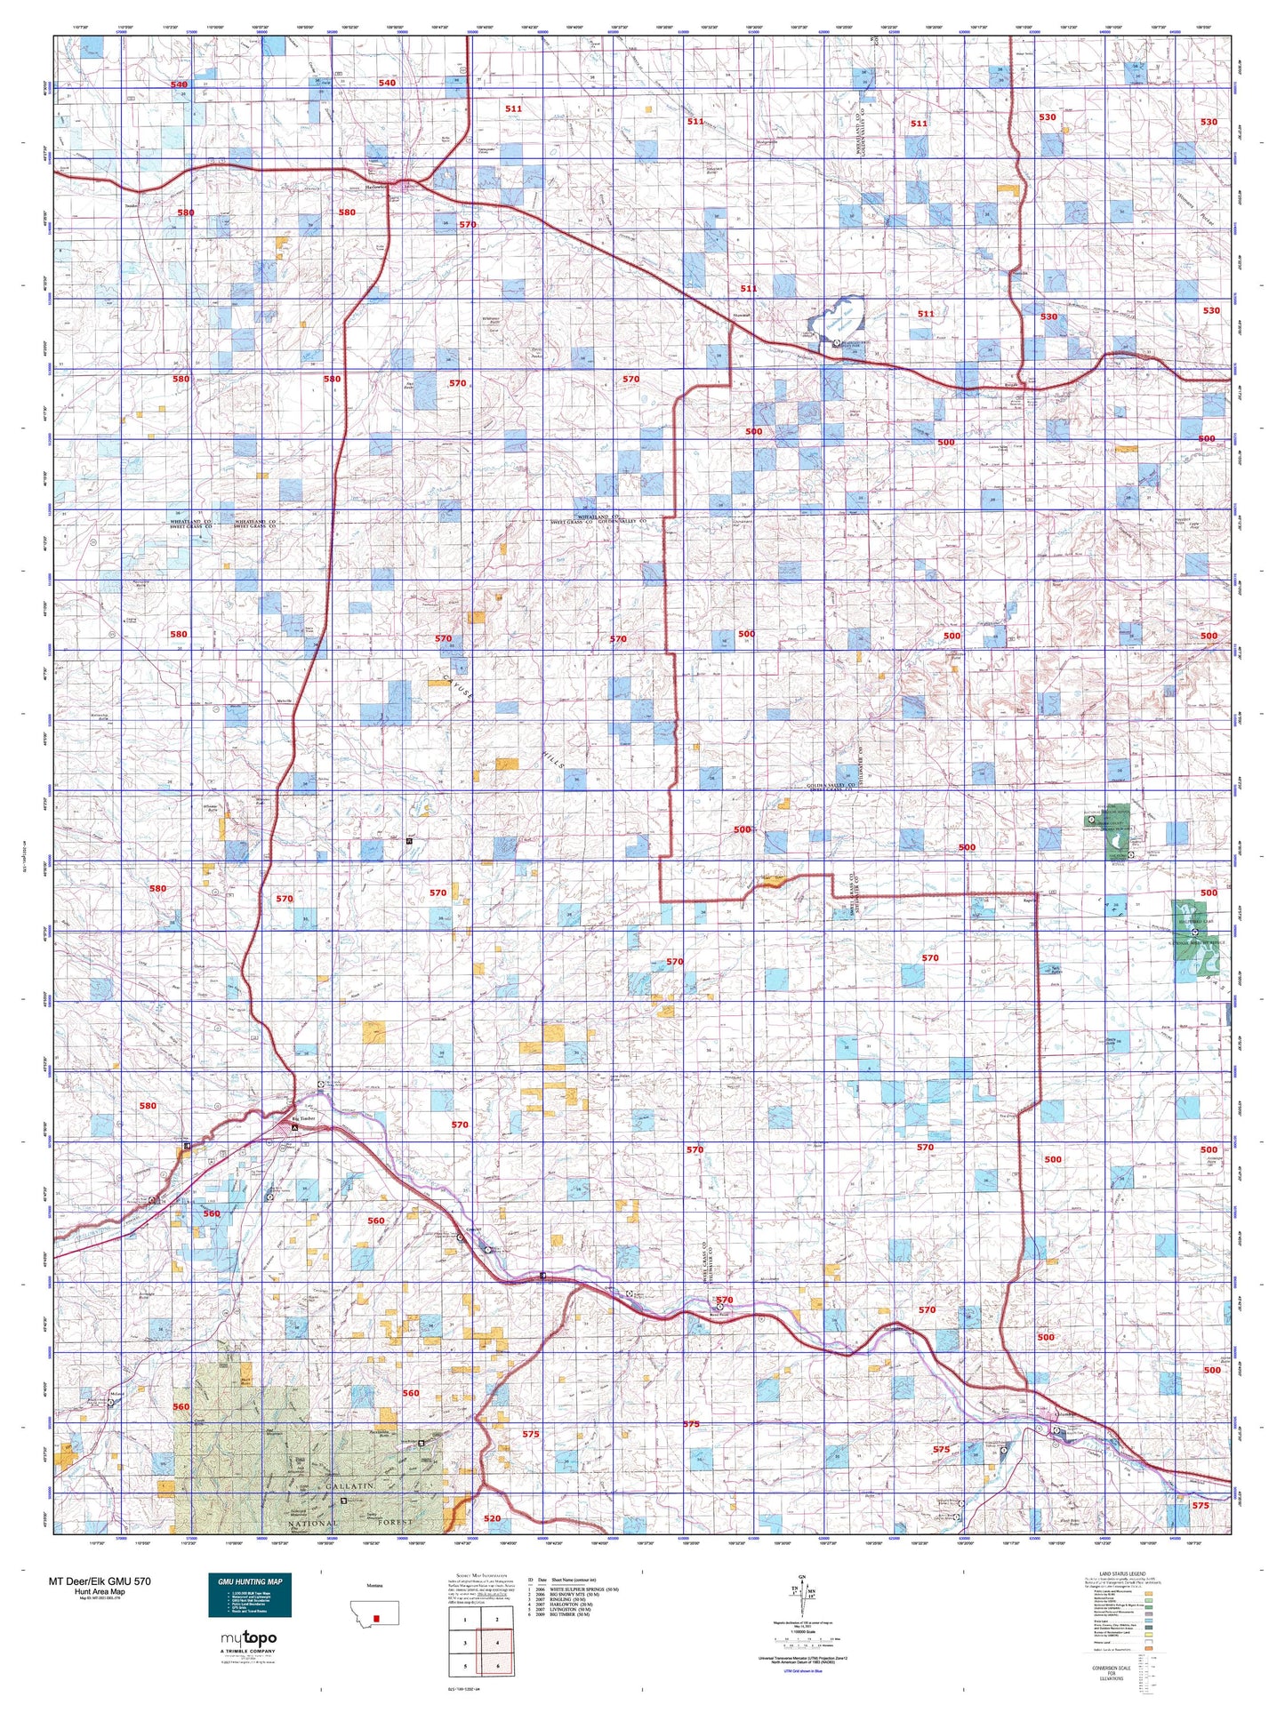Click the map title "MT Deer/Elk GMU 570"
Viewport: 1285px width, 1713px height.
[x=100, y=1581]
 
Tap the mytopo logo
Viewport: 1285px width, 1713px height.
[x=248, y=1637]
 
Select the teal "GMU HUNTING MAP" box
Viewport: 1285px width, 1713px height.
[x=250, y=1595]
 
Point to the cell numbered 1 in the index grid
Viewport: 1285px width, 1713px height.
[x=464, y=1595]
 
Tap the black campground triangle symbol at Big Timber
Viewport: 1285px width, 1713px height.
[x=295, y=1128]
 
